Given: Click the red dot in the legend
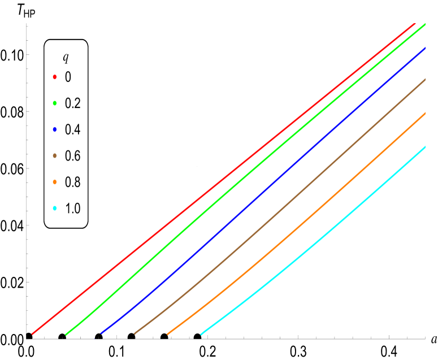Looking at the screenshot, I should click(55, 77).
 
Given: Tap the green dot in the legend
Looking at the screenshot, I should click(55, 103).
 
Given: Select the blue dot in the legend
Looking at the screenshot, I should click(55, 129).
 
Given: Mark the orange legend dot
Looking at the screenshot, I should click(55, 182).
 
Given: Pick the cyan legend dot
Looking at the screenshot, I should click(55, 209).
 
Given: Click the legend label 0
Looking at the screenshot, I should click(68, 77).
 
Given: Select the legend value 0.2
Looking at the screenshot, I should click(73, 103).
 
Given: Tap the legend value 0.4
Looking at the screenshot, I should click(73, 129).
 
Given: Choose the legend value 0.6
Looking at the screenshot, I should click(73, 156).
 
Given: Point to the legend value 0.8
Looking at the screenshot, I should click(73, 182).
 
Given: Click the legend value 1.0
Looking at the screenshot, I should click(73, 209).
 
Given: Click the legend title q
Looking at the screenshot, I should click(66, 58).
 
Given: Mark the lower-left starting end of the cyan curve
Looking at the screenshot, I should click(201, 334).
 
